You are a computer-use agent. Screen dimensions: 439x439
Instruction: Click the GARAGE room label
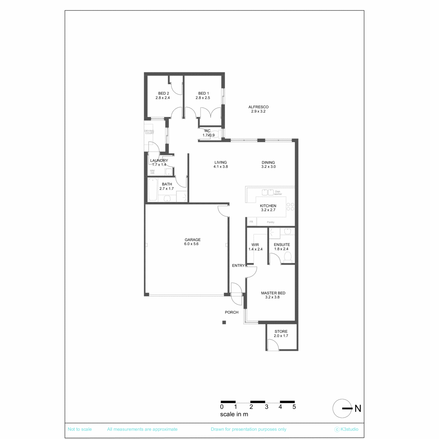(x=192, y=239)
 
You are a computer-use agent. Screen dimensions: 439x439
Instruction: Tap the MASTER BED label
(x=273, y=293)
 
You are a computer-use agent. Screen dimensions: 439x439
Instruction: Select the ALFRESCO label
(x=258, y=107)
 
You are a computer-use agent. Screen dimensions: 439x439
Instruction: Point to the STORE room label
(x=281, y=331)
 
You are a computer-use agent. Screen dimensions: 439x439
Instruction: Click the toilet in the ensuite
(x=288, y=256)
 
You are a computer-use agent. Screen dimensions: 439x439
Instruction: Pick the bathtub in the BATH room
(x=153, y=190)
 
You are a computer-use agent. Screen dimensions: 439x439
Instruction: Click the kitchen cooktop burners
(x=290, y=207)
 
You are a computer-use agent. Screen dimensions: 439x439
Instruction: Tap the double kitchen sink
(x=267, y=192)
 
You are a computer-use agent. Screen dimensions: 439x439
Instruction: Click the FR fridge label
(x=251, y=222)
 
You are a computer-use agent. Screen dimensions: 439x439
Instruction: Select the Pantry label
(x=270, y=222)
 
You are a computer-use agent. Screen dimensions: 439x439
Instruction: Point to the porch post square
(x=224, y=322)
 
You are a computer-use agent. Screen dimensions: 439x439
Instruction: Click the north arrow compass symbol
(x=342, y=408)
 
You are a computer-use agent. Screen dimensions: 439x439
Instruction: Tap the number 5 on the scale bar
(x=294, y=407)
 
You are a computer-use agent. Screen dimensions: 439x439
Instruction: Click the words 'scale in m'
(x=234, y=414)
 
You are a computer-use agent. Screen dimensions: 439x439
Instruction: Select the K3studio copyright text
(x=346, y=429)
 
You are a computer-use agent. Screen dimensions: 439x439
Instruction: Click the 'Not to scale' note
(x=79, y=429)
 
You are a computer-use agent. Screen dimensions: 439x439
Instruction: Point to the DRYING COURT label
(x=149, y=132)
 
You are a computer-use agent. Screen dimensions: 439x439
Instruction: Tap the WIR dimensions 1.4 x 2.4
(x=255, y=249)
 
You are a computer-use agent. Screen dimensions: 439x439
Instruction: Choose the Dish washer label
(x=278, y=193)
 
